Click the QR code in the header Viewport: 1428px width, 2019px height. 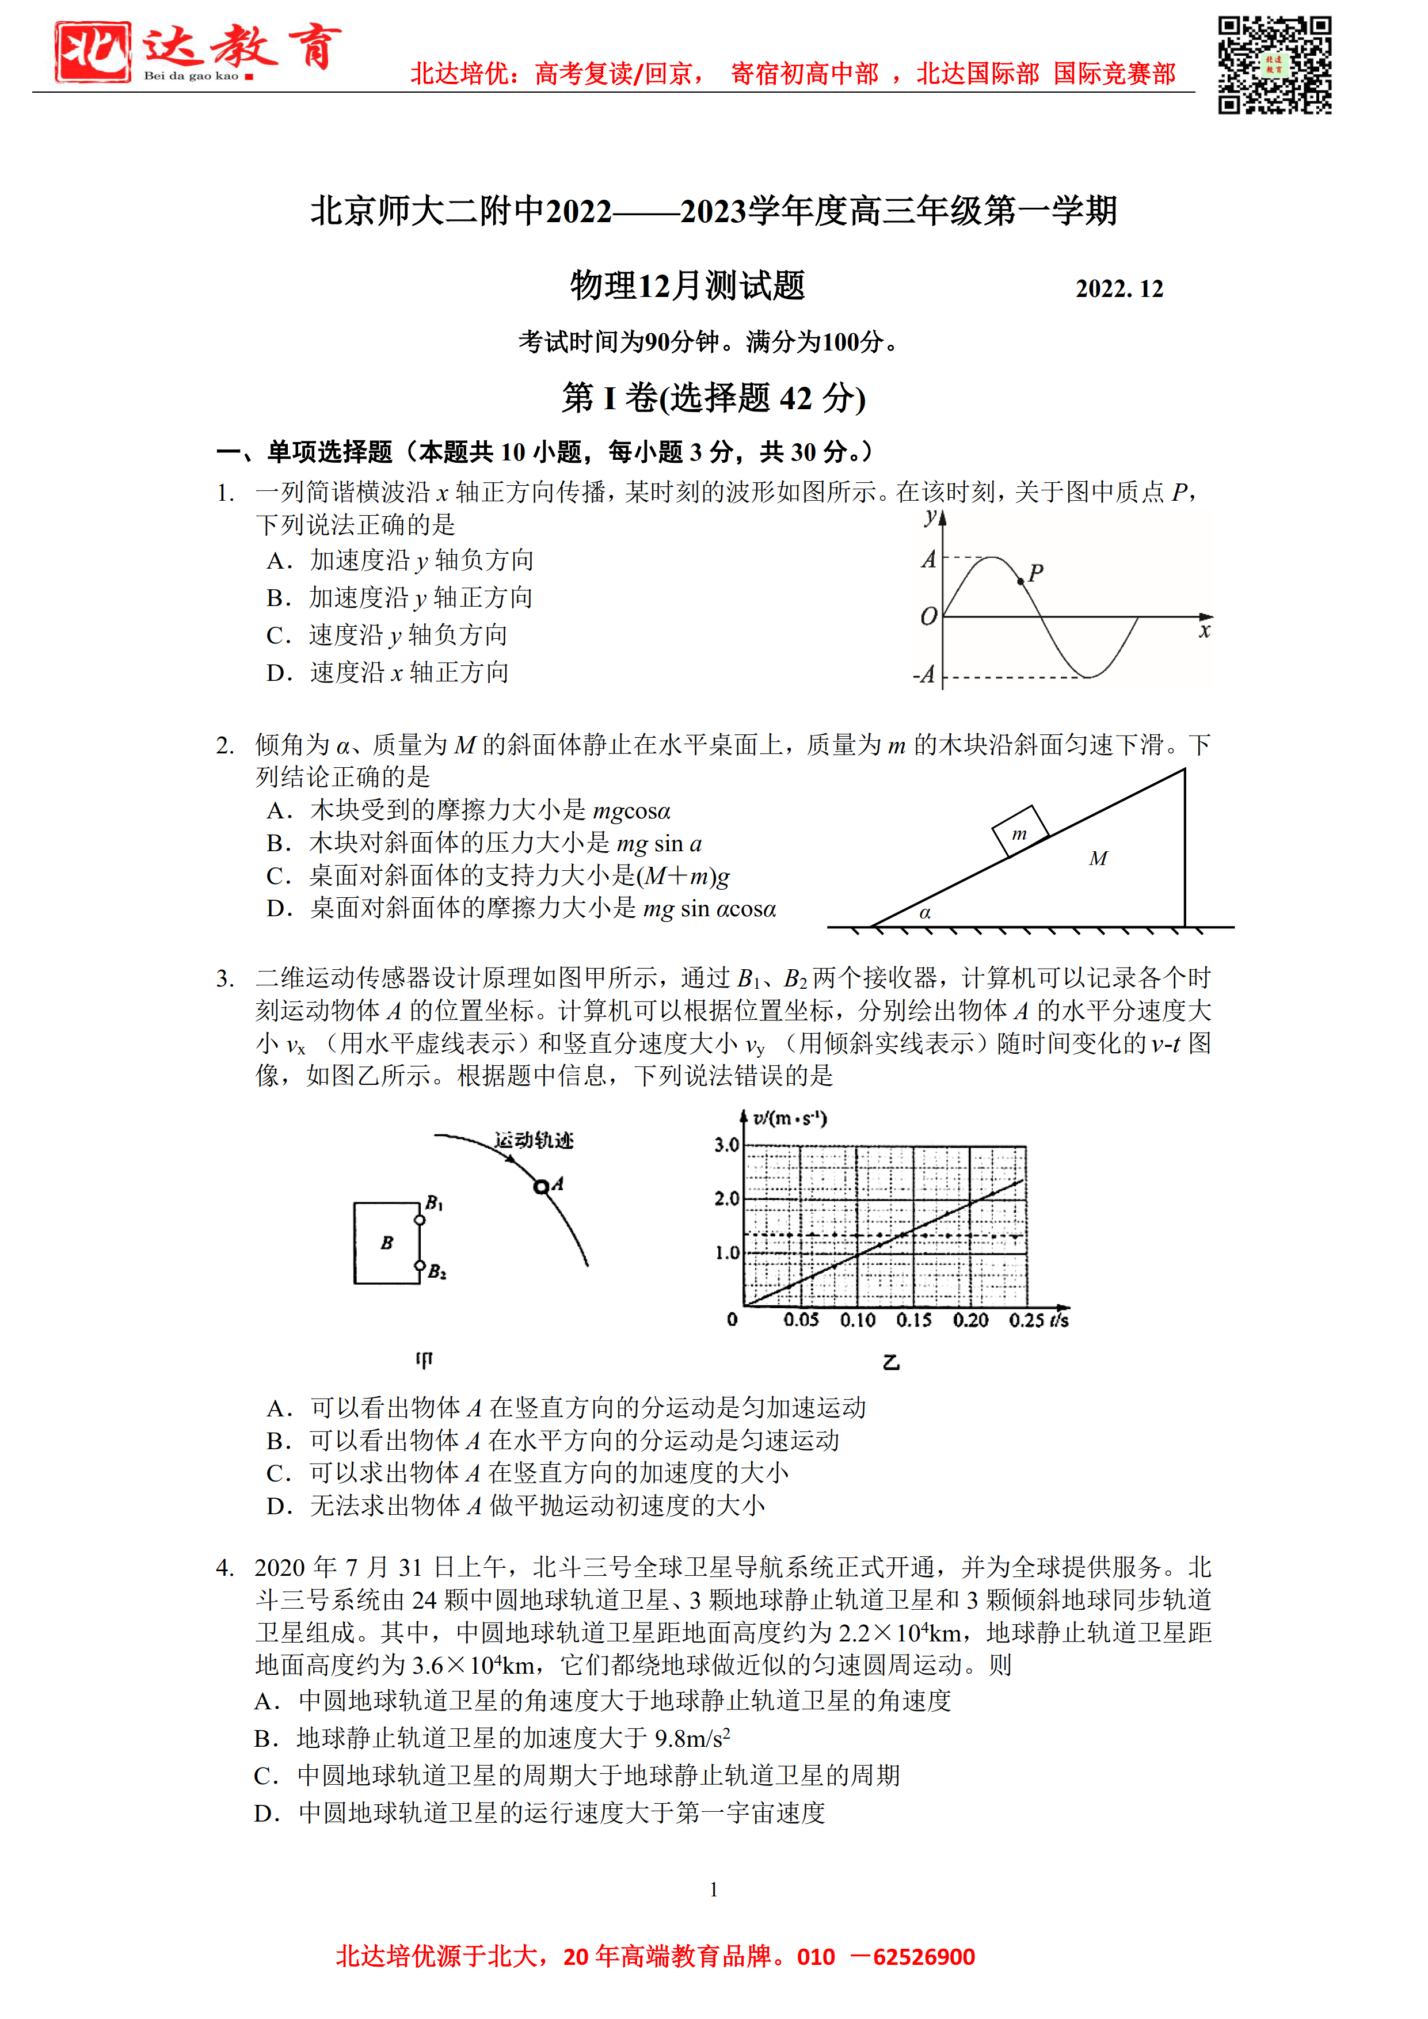(1274, 65)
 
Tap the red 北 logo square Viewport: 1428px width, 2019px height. (92, 52)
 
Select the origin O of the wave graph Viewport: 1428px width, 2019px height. (928, 618)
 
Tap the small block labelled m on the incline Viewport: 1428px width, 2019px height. (1019, 832)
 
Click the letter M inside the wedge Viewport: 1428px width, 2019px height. (1098, 858)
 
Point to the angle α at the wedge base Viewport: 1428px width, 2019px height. (925, 913)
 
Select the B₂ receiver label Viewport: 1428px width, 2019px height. (437, 1271)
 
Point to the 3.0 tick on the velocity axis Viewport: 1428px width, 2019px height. (726, 1145)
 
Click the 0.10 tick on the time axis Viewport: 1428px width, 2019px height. (858, 1320)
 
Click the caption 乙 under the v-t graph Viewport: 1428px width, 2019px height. (891, 1362)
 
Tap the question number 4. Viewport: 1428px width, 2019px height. (225, 1568)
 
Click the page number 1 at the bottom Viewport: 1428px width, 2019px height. (714, 1890)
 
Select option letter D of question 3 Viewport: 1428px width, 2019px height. (279, 1506)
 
